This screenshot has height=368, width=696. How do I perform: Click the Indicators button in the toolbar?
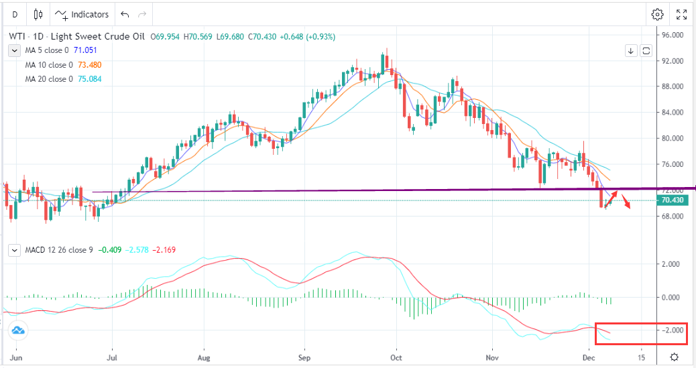point(82,14)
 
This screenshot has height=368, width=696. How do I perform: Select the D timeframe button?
point(15,14)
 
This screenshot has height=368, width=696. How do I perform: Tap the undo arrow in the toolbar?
point(124,14)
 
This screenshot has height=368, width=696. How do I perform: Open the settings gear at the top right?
point(657,14)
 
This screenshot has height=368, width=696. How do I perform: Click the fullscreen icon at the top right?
point(681,14)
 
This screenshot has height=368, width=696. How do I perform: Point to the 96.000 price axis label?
point(673,35)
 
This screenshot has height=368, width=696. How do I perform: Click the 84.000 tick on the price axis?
point(673,113)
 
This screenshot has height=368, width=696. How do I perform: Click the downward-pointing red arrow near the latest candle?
point(626,204)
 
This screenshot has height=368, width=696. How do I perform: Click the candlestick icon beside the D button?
point(38,14)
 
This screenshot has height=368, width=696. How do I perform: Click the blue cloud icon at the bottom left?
point(17,330)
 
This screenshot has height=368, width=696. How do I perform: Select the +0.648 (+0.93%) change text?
point(300,36)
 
